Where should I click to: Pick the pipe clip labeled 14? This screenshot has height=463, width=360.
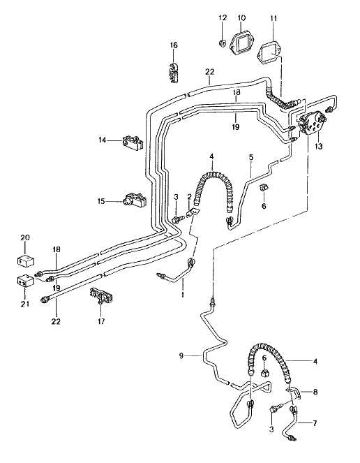pos(133,142)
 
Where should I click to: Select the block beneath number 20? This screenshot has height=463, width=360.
pos(25,262)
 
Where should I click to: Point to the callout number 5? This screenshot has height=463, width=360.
pos(251,157)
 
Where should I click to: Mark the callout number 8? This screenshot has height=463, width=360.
pos(315,393)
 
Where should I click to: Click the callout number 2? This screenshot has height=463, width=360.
pos(189,198)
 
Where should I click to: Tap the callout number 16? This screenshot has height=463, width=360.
pos(174,45)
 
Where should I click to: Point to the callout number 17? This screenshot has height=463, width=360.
pos(102,322)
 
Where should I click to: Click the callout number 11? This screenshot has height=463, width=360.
pos(273,17)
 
